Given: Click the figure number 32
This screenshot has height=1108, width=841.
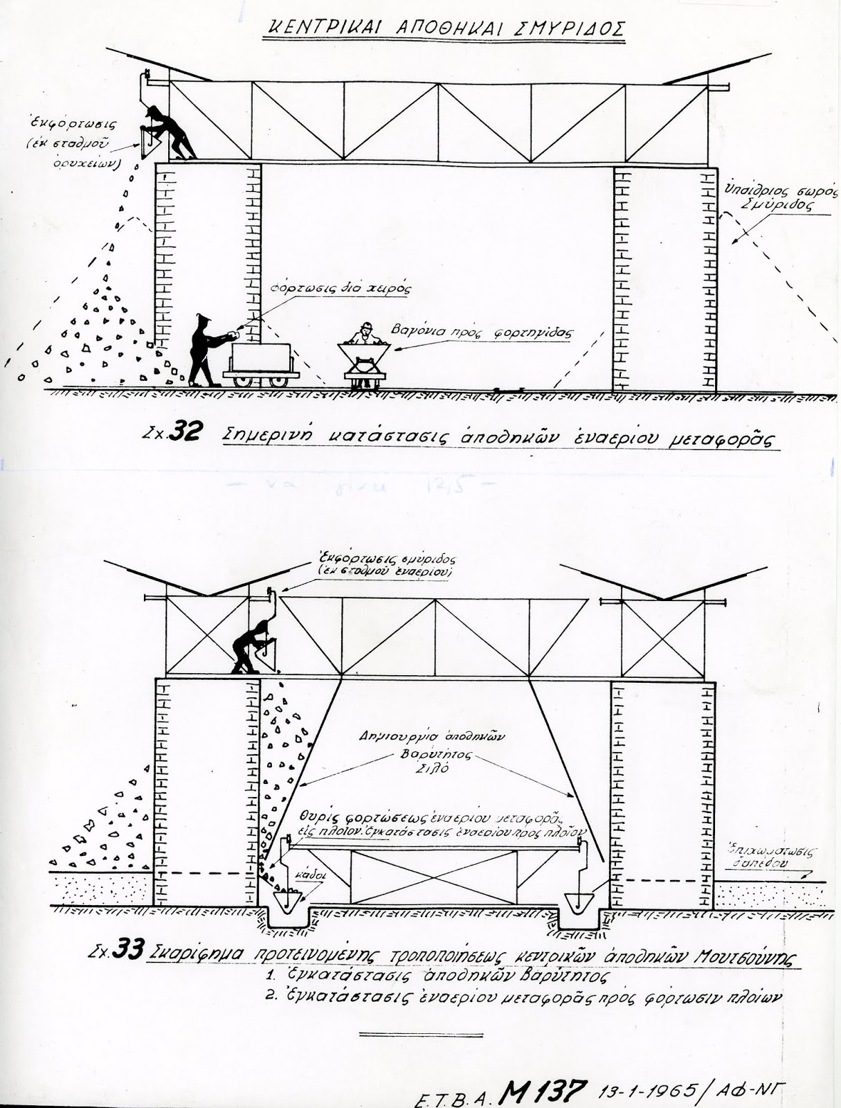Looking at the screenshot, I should pyautogui.click(x=188, y=433).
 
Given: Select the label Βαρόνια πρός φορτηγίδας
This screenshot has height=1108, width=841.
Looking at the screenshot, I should pyautogui.click(x=483, y=332).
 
